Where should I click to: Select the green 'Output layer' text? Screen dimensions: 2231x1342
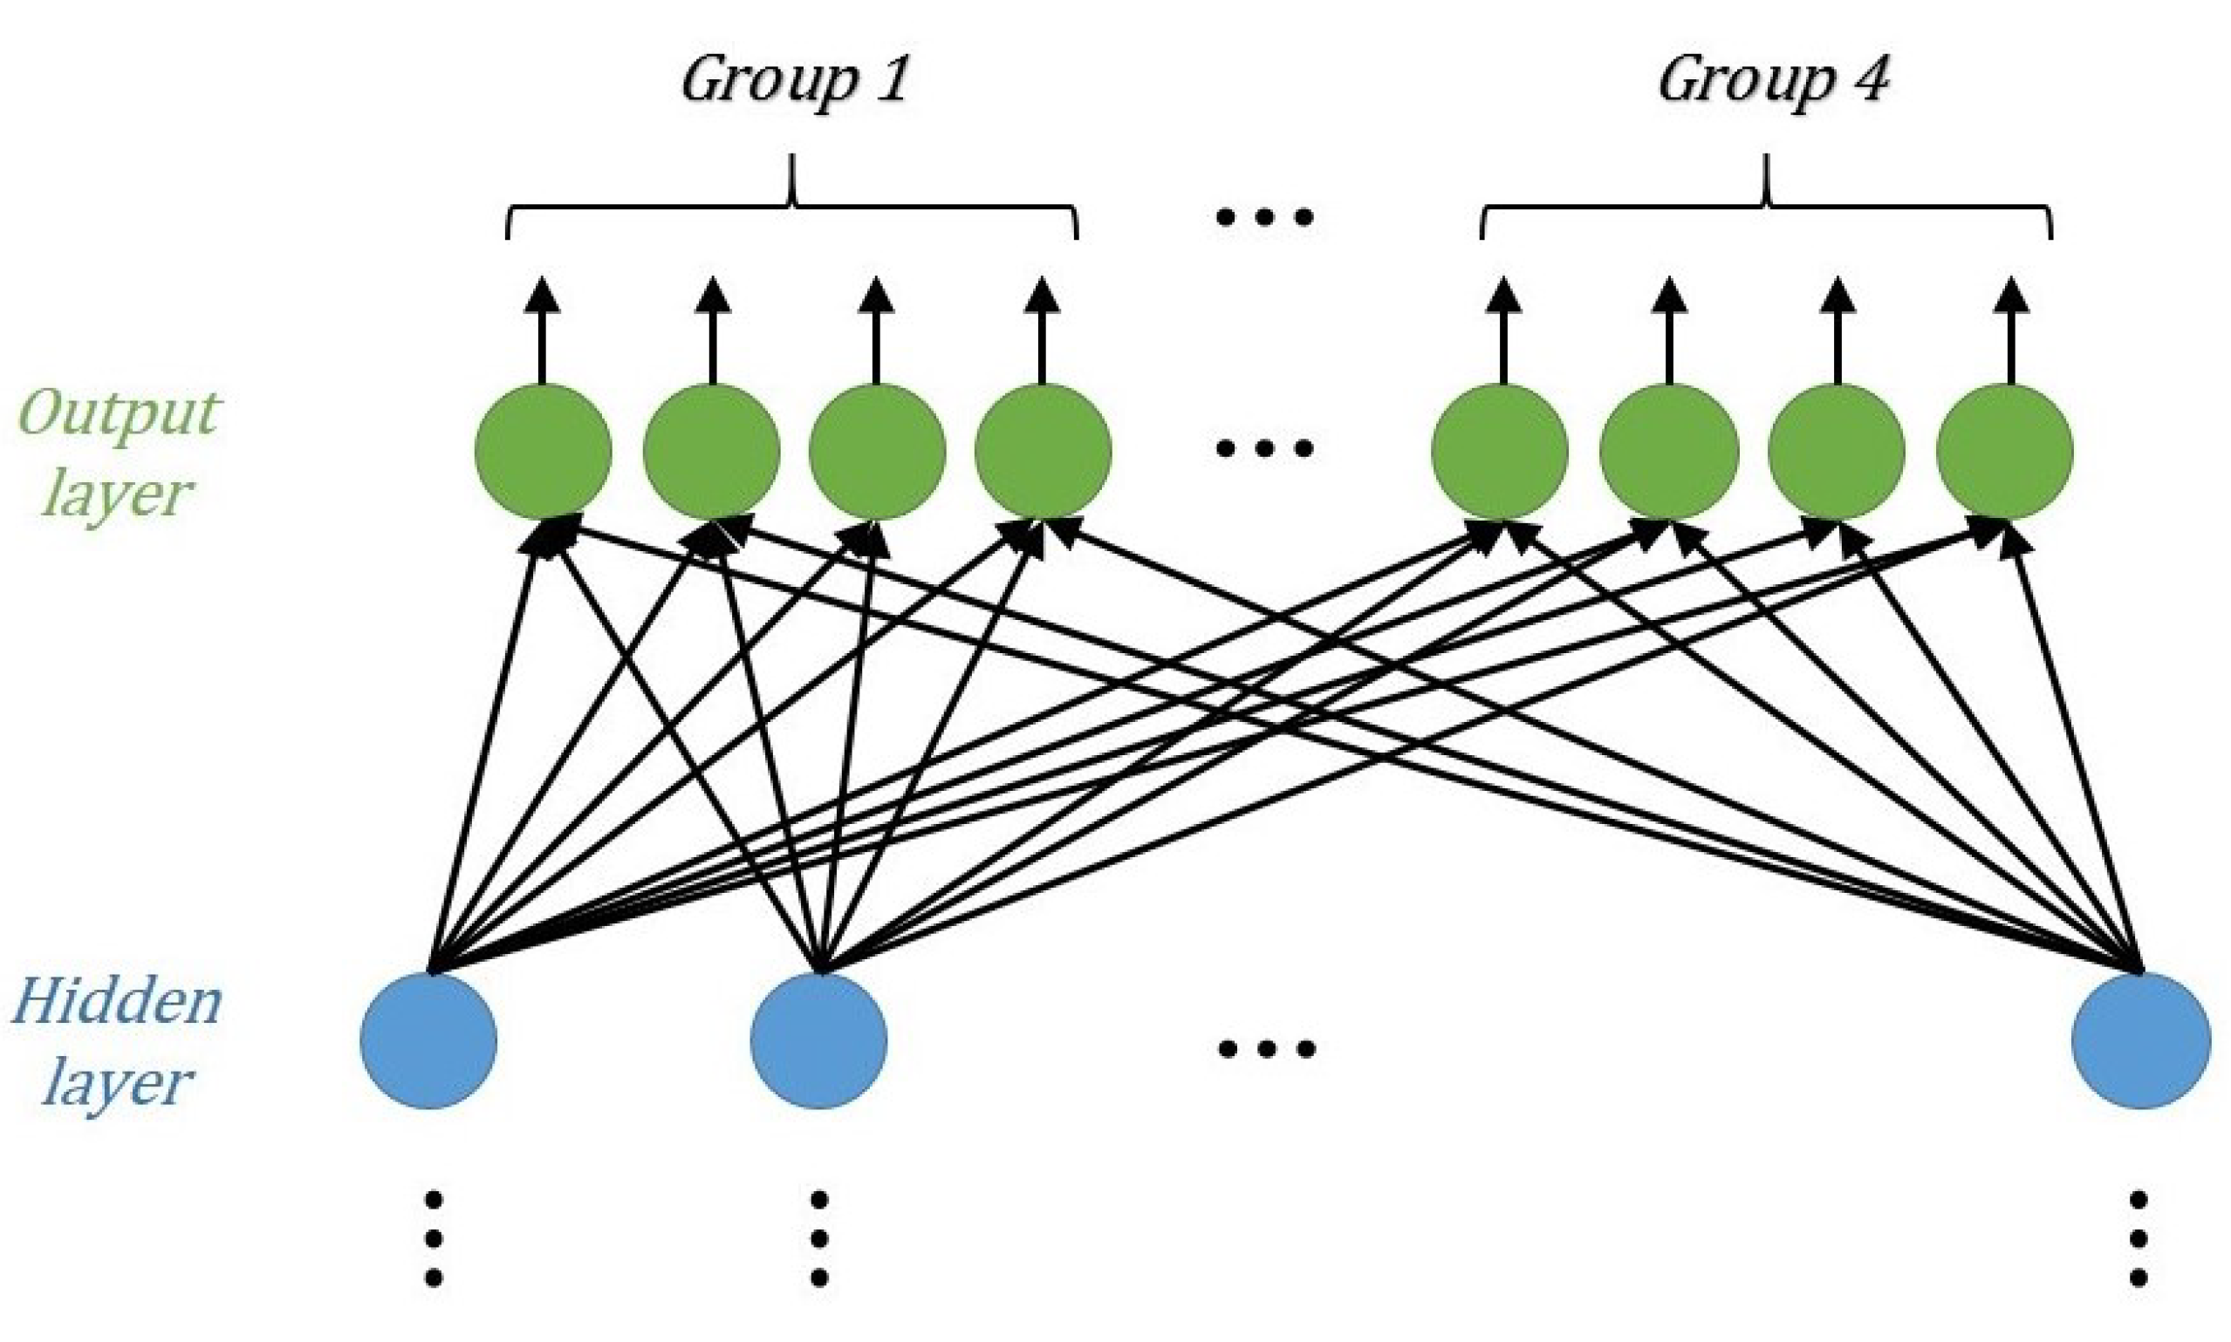tap(117, 454)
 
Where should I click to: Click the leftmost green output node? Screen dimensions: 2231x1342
tap(543, 451)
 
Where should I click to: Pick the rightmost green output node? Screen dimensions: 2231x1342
tap(2005, 451)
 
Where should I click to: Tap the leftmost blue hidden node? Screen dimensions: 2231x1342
tap(428, 1040)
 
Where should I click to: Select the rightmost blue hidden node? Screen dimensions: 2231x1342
tap(2141, 1040)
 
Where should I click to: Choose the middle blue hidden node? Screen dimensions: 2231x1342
tap(818, 1040)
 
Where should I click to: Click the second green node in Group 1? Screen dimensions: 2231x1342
tap(712, 451)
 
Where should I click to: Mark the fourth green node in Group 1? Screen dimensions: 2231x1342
tap(1044, 451)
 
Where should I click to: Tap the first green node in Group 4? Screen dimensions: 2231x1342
tap(1500, 451)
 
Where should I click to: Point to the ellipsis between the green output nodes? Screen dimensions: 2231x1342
tap(1265, 448)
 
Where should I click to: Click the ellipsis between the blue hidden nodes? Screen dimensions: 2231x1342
tap(1265, 1049)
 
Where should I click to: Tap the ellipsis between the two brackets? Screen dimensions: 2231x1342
tap(1265, 217)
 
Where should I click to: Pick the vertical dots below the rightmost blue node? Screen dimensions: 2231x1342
tap(2139, 1238)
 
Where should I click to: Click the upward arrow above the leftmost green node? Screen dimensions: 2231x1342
tap(543, 331)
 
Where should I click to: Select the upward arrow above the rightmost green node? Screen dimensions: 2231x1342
tap(2011, 331)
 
